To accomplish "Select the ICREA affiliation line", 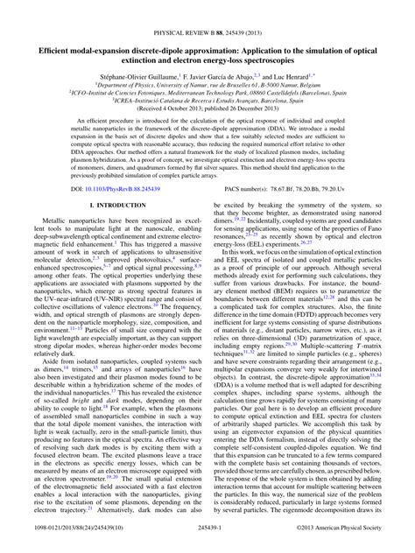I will point(207,83).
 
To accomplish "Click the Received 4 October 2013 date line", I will point(207,92).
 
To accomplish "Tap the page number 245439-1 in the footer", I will point(207,542).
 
